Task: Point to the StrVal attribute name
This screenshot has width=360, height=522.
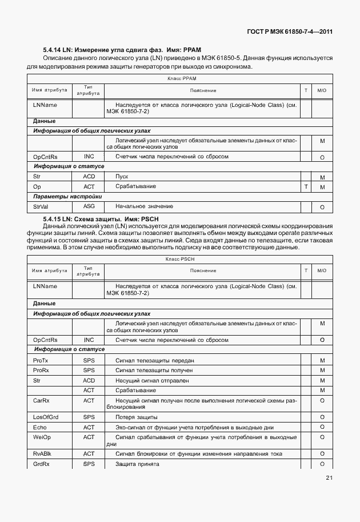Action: [41, 206]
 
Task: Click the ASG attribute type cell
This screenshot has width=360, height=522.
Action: [89, 206]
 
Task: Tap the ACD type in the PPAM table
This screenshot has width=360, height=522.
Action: [89, 177]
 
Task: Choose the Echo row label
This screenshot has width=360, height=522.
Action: [40, 427]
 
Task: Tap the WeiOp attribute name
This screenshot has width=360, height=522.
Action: [42, 437]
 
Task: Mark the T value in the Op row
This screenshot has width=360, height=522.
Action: [306, 187]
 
